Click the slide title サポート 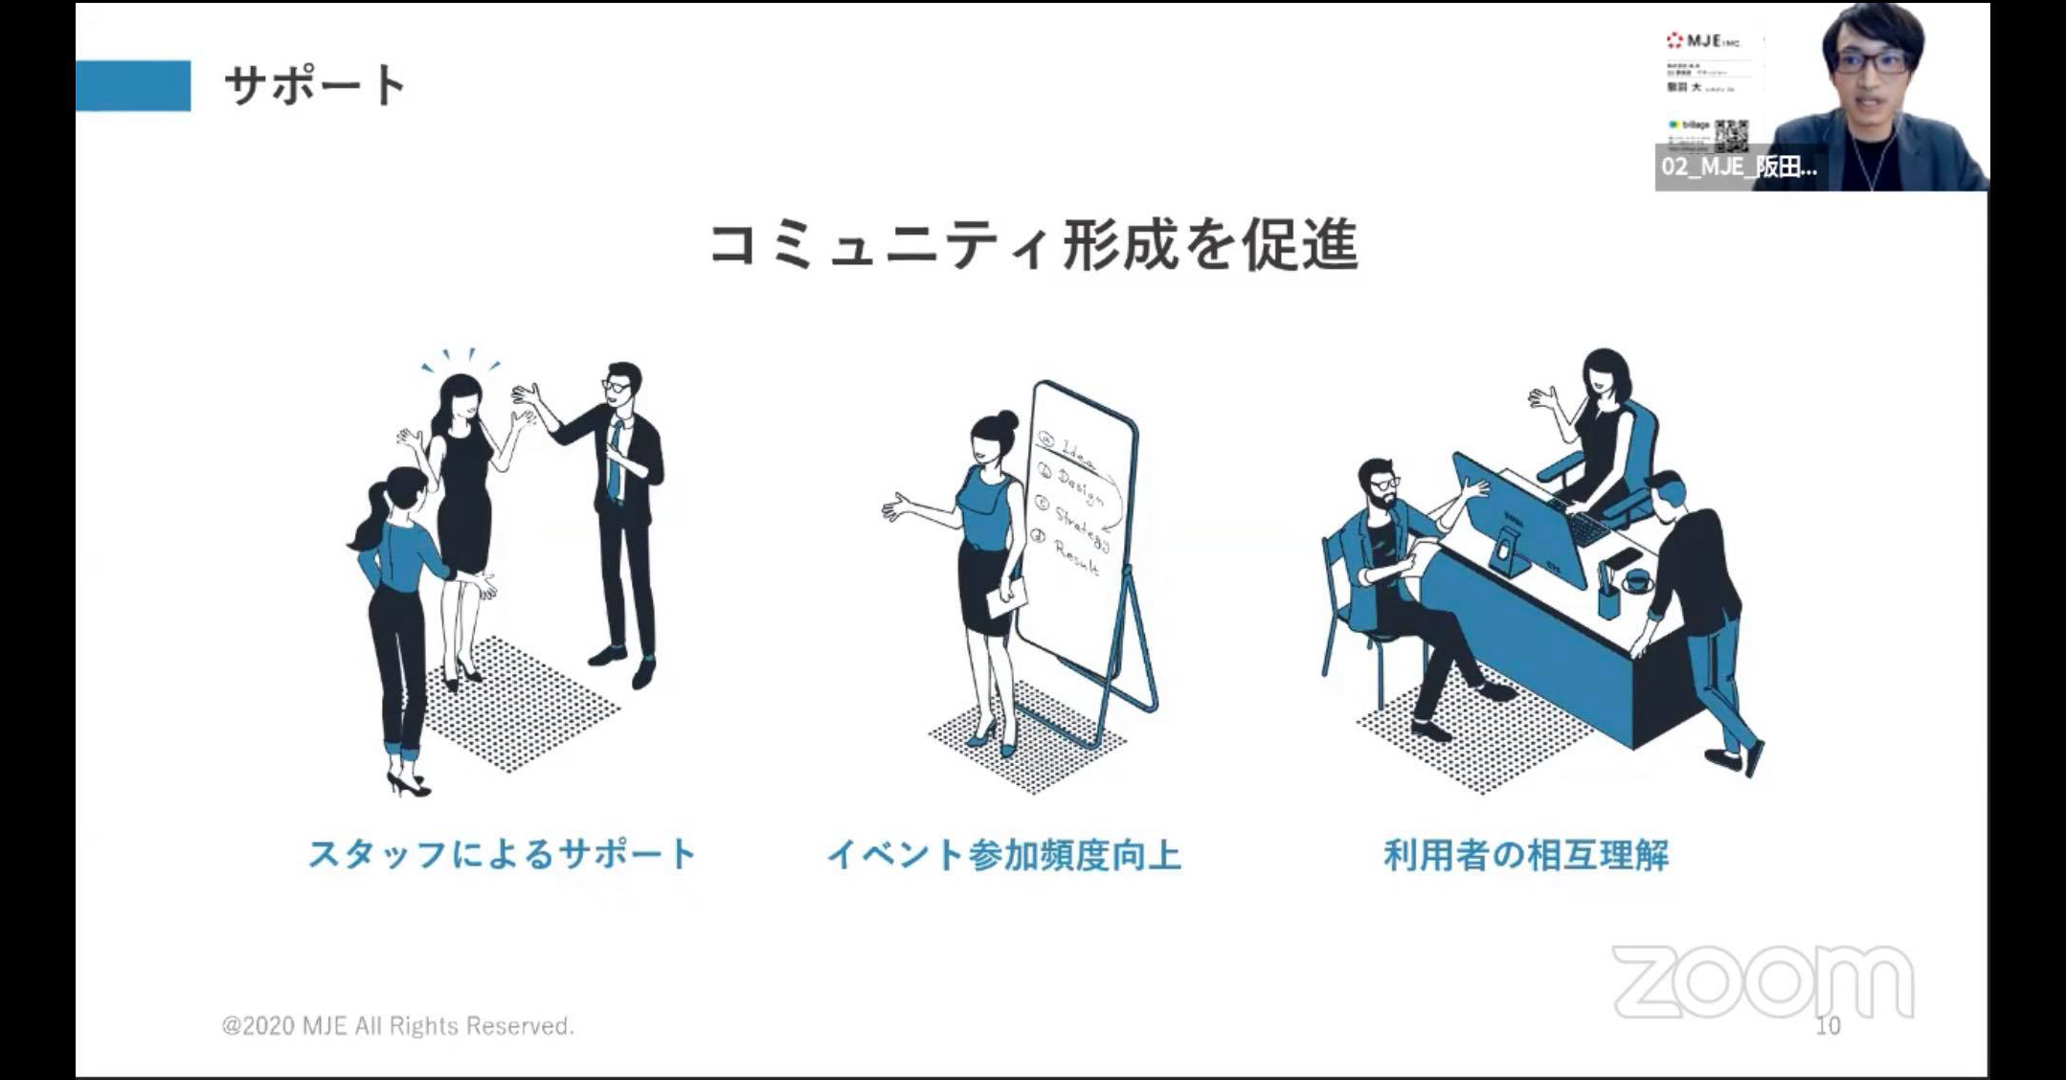pyautogui.click(x=316, y=85)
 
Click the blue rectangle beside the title pyautogui.click(x=133, y=85)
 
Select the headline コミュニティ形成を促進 pyautogui.click(x=1033, y=245)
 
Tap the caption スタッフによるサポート pyautogui.click(x=502, y=854)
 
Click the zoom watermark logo pyautogui.click(x=1763, y=981)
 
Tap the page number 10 pyautogui.click(x=1828, y=1026)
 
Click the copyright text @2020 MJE pyautogui.click(x=397, y=1026)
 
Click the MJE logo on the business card pyautogui.click(x=1702, y=41)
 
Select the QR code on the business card pyautogui.click(x=1731, y=135)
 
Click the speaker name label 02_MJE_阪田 pyautogui.click(x=1738, y=167)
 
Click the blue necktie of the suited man pyautogui.click(x=615, y=460)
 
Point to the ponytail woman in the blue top pyautogui.click(x=397, y=574)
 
